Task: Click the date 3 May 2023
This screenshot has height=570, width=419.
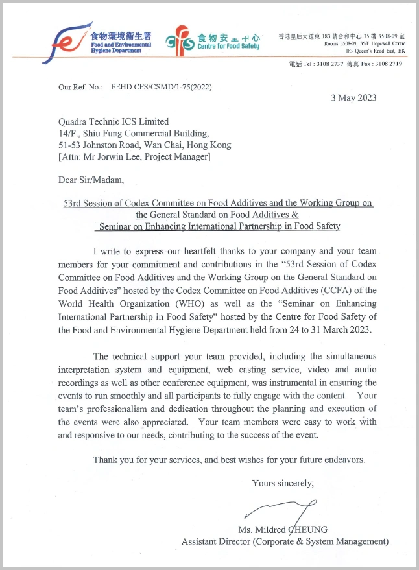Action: tap(353, 98)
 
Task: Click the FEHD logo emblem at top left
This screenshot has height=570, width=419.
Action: tap(64, 41)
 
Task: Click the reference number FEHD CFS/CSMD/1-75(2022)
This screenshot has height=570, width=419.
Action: tap(162, 86)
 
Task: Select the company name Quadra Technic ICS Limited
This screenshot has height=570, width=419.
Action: tap(114, 121)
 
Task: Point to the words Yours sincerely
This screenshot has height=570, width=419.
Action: tap(283, 483)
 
